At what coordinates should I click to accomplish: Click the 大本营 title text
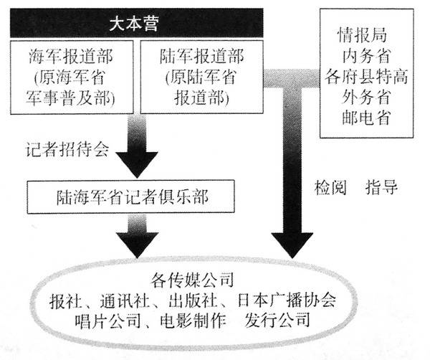click(134, 24)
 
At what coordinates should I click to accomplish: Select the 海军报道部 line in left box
click(71, 56)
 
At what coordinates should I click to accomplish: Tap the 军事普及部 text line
click(70, 98)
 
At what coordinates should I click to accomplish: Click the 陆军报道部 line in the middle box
click(201, 56)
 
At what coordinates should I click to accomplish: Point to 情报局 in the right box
click(362, 35)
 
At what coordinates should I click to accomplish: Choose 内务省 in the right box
click(365, 56)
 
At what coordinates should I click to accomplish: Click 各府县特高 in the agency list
click(366, 76)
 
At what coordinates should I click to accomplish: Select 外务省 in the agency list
click(365, 97)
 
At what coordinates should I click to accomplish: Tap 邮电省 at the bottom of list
click(365, 118)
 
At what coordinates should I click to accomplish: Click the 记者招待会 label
click(67, 150)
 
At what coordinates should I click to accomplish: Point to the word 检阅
click(330, 188)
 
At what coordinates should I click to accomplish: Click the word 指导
click(381, 188)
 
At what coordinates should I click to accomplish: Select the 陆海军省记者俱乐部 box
click(131, 196)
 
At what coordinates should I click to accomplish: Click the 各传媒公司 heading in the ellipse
click(192, 280)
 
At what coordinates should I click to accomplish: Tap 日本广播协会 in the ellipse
click(287, 300)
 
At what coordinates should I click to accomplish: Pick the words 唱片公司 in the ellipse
click(107, 321)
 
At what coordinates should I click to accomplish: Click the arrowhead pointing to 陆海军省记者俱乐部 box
click(137, 165)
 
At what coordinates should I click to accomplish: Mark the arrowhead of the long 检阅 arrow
click(292, 245)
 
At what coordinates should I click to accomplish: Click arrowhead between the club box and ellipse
click(137, 245)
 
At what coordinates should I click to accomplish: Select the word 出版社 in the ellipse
click(192, 300)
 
